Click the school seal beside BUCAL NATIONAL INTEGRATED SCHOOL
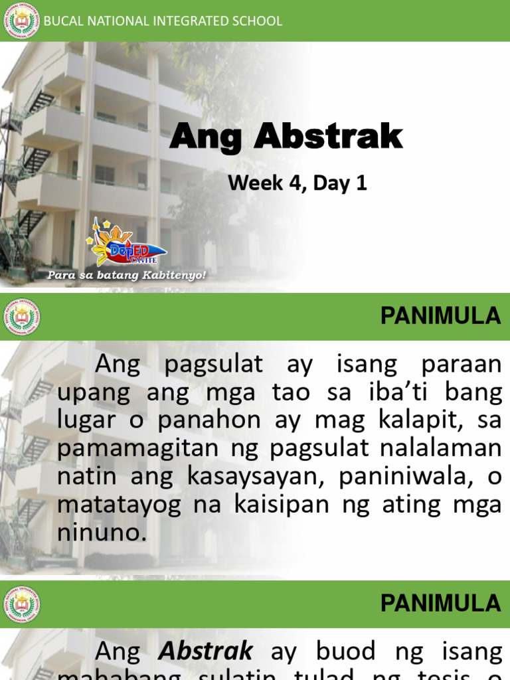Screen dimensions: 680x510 tap(22, 21)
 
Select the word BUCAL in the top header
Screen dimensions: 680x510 tap(62, 21)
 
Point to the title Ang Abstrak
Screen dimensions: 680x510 tap(286, 137)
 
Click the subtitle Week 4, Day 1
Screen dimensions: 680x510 tap(297, 183)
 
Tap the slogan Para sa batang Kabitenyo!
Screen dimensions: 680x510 tap(126, 275)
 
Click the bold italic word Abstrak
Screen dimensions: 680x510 tap(205, 651)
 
